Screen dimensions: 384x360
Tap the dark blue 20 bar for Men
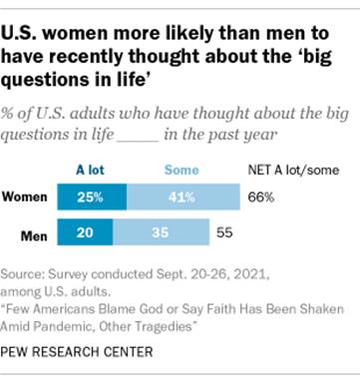[90, 236]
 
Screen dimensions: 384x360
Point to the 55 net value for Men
[224, 236]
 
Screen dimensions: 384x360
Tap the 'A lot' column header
[91, 171]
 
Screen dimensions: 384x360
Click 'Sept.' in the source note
[172, 273]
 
